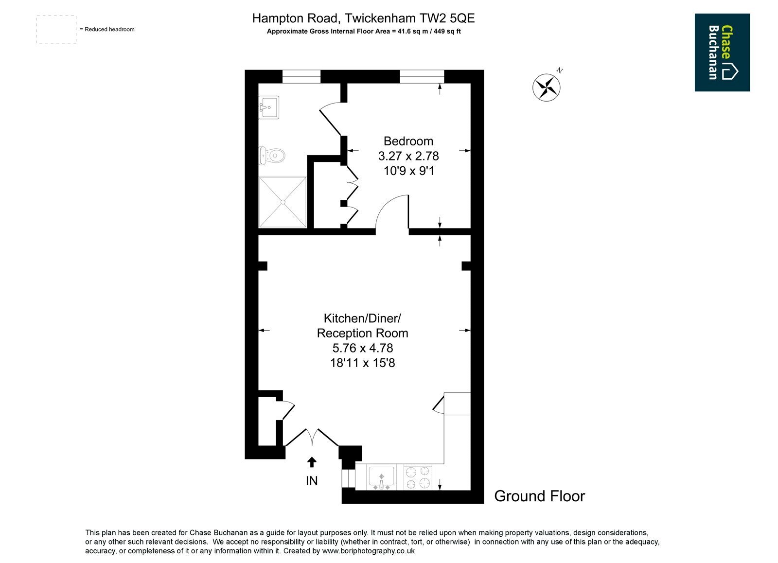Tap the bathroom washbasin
269,107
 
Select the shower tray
283,202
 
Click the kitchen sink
381,478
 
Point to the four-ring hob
418,477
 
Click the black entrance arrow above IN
312,462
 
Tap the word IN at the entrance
312,481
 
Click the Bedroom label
408,141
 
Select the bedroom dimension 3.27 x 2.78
408,156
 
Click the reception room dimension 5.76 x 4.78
363,348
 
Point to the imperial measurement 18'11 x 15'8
363,363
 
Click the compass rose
547,87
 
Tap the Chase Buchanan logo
722,53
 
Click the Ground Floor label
539,496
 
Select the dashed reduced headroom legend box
56,30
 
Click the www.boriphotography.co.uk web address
369,551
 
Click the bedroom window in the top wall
422,76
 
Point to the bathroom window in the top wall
301,76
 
